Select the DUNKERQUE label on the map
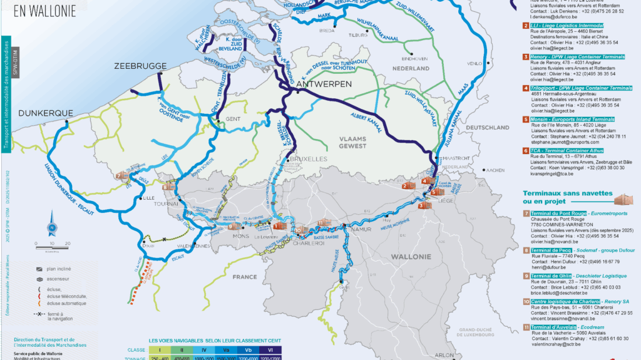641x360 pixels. pyautogui.click(x=46, y=113)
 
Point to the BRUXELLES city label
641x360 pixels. pyautogui.click(x=307, y=160)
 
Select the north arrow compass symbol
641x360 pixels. pyautogui.click(x=52, y=227)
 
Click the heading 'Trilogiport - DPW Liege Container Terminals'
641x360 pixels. pyautogui.click(x=582, y=88)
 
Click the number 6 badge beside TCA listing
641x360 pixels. pyautogui.click(x=525, y=150)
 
